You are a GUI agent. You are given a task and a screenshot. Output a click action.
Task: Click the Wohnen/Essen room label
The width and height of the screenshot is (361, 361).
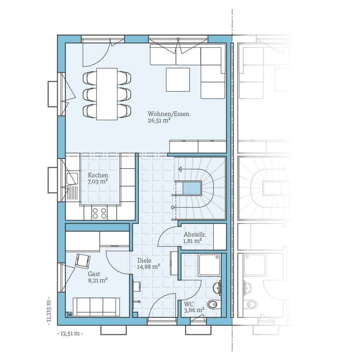pyautogui.click(x=168, y=114)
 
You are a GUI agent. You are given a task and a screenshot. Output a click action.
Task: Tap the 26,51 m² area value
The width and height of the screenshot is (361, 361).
pyautogui.click(x=159, y=121)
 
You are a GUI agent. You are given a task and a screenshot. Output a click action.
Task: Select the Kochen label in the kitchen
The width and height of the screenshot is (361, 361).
pyautogui.click(x=98, y=175)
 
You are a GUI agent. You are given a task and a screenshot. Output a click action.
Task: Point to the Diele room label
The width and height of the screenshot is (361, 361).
pyautogui.click(x=144, y=261)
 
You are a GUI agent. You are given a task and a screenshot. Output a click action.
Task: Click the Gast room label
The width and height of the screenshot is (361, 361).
pyautogui.click(x=94, y=274)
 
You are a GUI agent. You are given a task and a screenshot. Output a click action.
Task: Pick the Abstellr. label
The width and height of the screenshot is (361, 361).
pyautogui.click(x=195, y=234)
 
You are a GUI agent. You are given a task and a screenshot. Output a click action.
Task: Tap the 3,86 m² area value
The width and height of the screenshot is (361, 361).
pyautogui.click(x=194, y=310)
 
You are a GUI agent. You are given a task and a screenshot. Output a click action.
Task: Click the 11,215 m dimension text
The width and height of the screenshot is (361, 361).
pyautogui.click(x=49, y=312)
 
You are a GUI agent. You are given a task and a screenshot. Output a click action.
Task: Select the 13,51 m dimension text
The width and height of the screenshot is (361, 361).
pyautogui.click(x=70, y=334)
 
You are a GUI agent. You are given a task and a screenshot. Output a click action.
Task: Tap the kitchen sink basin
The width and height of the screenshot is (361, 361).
pyautogui.click(x=72, y=179)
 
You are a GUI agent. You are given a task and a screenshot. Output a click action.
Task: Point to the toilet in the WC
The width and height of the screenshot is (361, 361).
pyautogui.click(x=214, y=305)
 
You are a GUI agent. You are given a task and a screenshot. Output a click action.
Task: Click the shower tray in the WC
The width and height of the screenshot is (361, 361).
pyautogui.click(x=209, y=265)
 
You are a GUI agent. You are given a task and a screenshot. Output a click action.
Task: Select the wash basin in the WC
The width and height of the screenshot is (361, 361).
pyautogui.click(x=217, y=288)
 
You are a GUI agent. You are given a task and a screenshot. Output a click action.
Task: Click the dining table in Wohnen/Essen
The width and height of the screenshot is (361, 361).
pyautogui.click(x=107, y=94)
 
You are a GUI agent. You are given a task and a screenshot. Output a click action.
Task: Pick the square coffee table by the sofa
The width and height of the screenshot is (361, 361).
pyautogui.click(x=178, y=80)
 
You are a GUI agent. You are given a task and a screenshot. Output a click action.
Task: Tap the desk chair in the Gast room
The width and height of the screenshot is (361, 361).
pyautogui.click(x=82, y=261)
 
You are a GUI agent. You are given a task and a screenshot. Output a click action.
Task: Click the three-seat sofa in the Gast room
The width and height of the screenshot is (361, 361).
pyautogui.click(x=97, y=307)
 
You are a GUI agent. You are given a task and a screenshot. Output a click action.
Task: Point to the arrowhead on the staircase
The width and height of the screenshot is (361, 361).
pyautogui.click(x=180, y=169)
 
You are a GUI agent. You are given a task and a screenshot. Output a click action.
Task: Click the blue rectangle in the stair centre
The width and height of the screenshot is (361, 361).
pyautogui.click(x=191, y=188)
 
